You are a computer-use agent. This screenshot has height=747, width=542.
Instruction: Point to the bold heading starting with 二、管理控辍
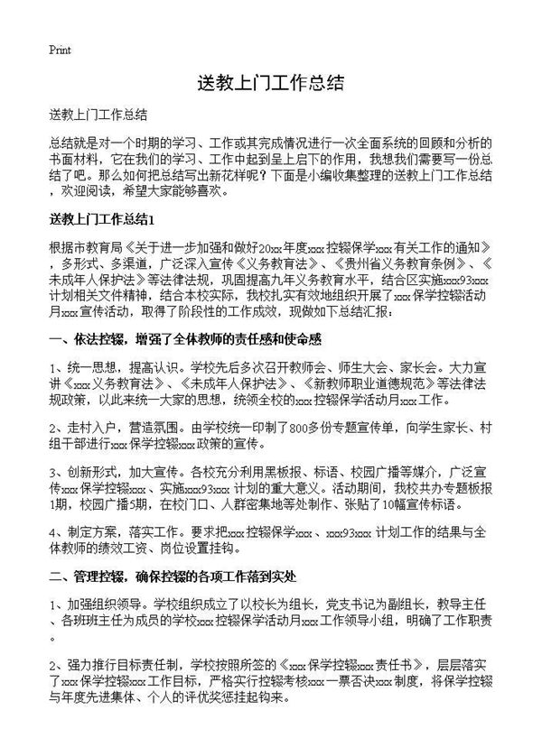tap(183, 574)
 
